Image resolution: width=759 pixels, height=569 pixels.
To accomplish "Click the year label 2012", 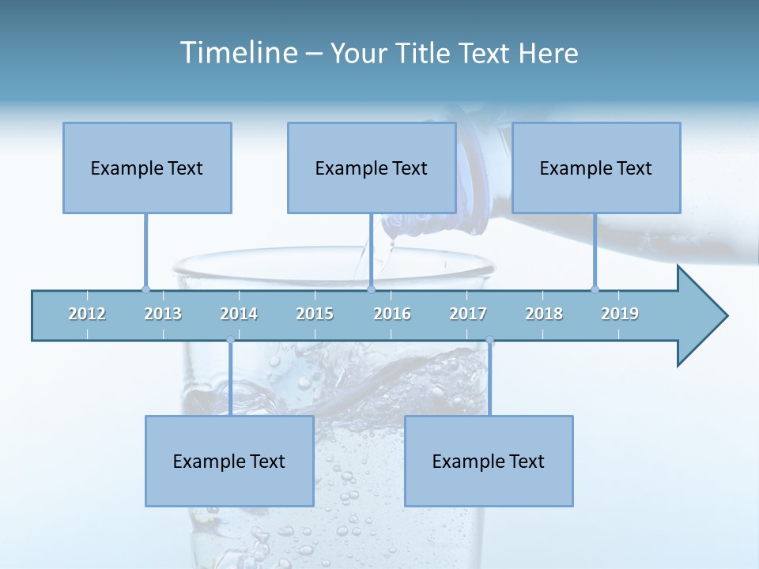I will click(87, 314).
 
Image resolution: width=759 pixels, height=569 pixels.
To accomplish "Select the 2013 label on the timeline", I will click(163, 314).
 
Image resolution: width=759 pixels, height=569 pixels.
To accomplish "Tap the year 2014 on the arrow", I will click(239, 314).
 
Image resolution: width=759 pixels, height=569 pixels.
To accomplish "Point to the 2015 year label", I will click(315, 314).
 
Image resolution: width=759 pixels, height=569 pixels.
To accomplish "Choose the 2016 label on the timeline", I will click(392, 314).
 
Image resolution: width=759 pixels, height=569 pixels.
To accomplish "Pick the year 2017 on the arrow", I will click(468, 314).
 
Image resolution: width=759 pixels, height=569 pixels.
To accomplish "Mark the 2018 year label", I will click(544, 314).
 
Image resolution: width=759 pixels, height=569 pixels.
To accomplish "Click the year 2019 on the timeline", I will click(620, 314).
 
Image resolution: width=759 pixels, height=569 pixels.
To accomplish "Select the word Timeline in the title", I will click(238, 53).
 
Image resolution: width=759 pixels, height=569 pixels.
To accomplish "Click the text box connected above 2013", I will click(147, 168).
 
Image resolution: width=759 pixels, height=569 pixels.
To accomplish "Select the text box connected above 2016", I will click(372, 168).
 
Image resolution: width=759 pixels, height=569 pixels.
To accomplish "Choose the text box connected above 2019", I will click(596, 168).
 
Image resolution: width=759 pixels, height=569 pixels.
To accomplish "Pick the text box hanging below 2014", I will click(229, 461).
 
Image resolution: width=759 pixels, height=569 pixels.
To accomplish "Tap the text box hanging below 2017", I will click(489, 461).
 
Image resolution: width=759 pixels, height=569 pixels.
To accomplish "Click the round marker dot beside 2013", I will click(145, 289).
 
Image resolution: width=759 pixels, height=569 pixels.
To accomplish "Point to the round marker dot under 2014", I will click(230, 341).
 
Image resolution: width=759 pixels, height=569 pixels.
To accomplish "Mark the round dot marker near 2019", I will click(595, 289).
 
